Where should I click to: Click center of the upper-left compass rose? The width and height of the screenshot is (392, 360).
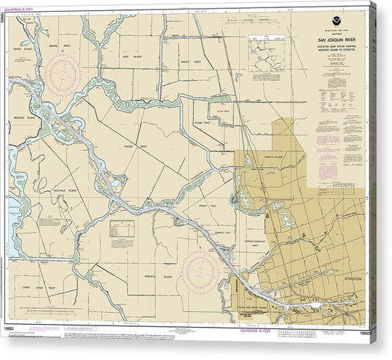point(63,75)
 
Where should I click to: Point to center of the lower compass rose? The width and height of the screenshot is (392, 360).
point(201,270)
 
